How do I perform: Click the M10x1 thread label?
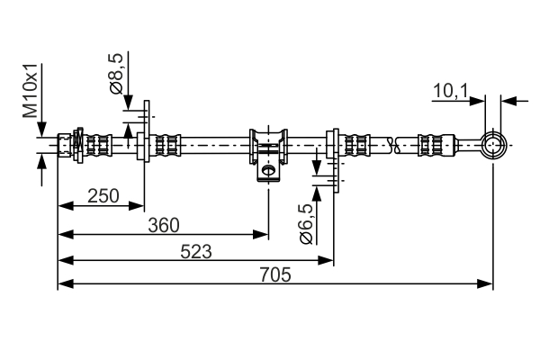(x=30, y=91)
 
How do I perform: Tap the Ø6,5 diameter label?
(x=306, y=222)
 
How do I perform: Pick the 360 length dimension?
(x=163, y=223)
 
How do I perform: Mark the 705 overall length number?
(x=274, y=275)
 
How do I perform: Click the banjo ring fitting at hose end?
(x=492, y=144)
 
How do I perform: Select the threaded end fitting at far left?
(x=66, y=144)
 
